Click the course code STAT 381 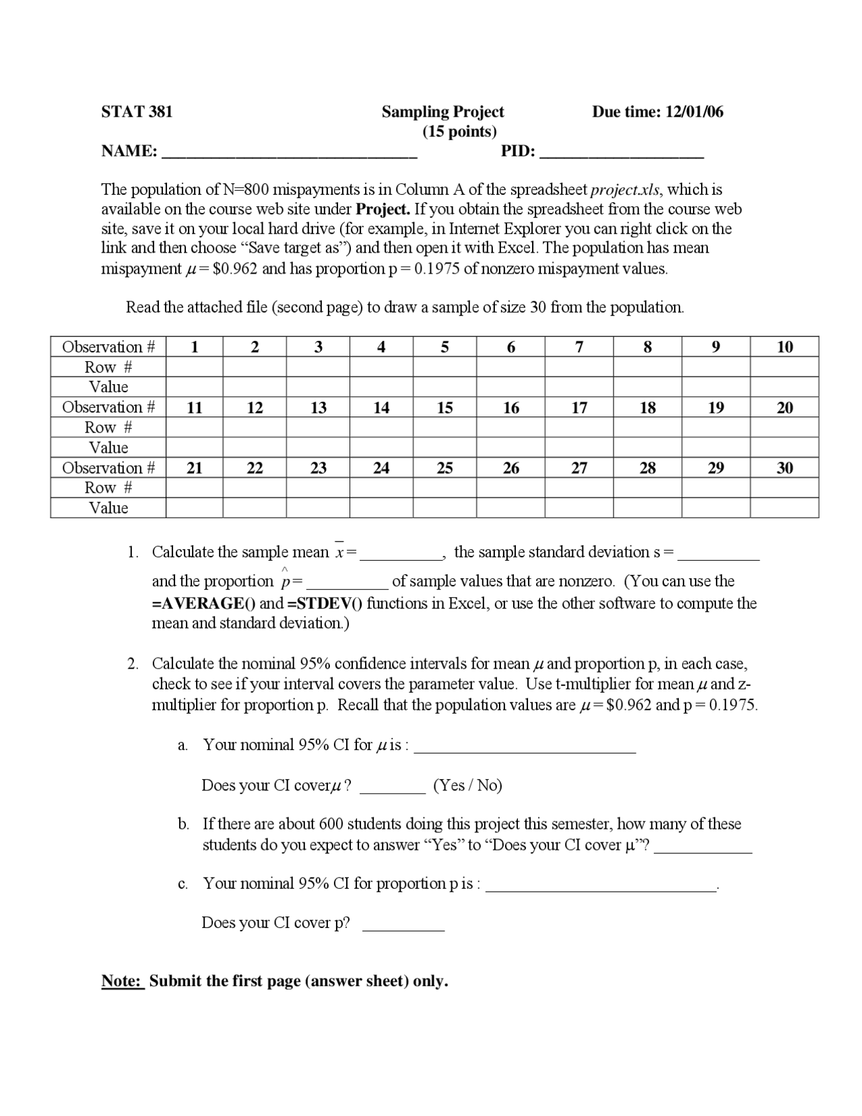pos(137,112)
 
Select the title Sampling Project pos(442,112)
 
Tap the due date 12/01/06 pos(694,112)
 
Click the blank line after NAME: pos(290,152)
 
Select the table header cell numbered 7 pos(579,347)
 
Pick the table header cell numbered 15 pos(444,408)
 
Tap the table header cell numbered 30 pos(785,468)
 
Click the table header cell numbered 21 pos(194,468)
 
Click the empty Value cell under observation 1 pos(194,387)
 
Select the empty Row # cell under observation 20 pos(785,427)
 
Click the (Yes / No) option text pos(467,786)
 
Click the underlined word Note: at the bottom pos(123,981)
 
